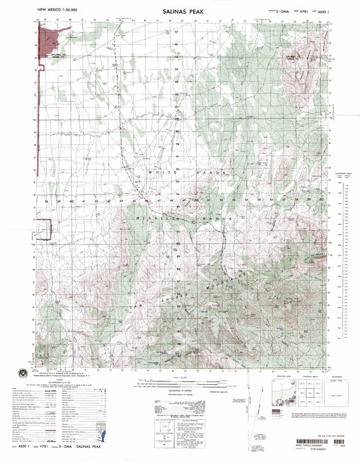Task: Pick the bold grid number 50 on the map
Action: tap(196, 200)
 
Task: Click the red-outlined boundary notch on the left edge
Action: tap(45, 231)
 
